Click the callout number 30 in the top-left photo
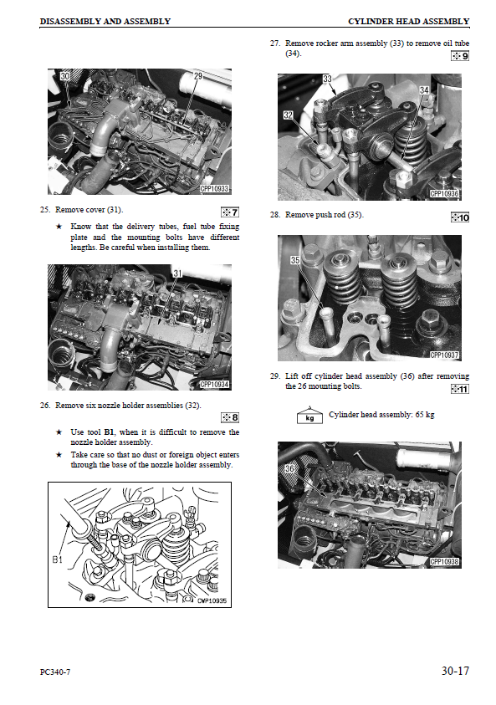coord(65,76)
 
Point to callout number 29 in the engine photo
coord(198,76)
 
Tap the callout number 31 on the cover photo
coord(177,273)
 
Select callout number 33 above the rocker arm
coord(327,79)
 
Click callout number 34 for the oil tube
coord(424,90)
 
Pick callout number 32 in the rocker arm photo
coord(289,115)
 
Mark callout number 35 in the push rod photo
coord(295,260)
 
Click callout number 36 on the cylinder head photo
coord(289,469)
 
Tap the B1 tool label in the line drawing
coord(57,559)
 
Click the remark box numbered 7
coord(230,212)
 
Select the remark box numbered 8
coord(230,417)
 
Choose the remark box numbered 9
coord(460,56)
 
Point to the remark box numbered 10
coord(460,217)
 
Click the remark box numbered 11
coord(460,389)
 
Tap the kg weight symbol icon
coord(309,416)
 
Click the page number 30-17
coord(455,672)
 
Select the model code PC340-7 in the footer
coord(55,672)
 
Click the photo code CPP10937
coord(444,355)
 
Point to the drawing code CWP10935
coord(212,600)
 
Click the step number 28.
coord(274,215)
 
